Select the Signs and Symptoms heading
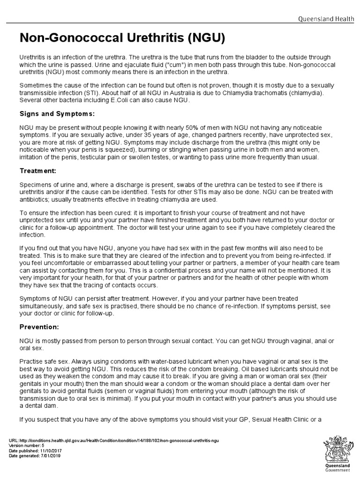tap(57, 113)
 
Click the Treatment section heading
tap(38, 171)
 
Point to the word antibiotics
tap(36, 199)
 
